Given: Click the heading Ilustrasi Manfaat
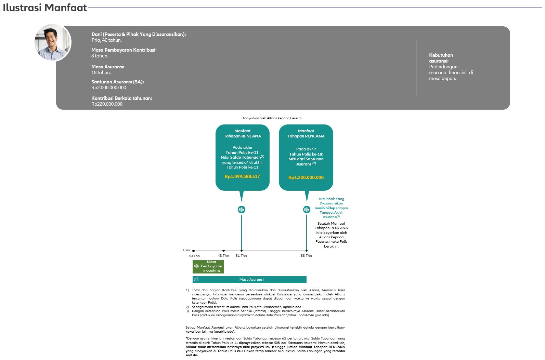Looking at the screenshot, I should click(x=45, y=8).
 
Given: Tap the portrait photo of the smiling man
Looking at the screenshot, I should click(x=53, y=42).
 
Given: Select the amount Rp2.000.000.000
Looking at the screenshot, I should click(x=108, y=88).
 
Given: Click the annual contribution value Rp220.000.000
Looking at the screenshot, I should click(x=107, y=104).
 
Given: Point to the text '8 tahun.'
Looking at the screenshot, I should click(x=100, y=56).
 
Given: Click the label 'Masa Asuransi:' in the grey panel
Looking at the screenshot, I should click(x=108, y=67).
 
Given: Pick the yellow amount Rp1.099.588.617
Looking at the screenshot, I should click(x=242, y=176).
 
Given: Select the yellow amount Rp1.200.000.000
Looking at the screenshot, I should click(x=306, y=177).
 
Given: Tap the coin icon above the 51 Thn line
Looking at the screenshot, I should click(x=242, y=210).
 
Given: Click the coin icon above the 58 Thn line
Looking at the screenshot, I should click(x=307, y=210).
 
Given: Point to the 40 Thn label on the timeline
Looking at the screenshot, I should click(x=194, y=256).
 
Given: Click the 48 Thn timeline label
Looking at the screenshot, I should click(x=223, y=256).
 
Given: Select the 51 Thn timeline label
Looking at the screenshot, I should click(x=241, y=256).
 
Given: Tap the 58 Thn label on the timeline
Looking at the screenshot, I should click(x=306, y=256).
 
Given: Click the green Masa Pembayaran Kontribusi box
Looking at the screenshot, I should click(x=208, y=266).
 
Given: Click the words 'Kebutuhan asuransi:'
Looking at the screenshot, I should click(x=441, y=58).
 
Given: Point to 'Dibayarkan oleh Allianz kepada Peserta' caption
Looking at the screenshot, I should click(x=271, y=118).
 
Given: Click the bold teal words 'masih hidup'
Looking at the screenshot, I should click(x=325, y=208).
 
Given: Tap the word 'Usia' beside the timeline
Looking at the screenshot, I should click(x=186, y=250).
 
